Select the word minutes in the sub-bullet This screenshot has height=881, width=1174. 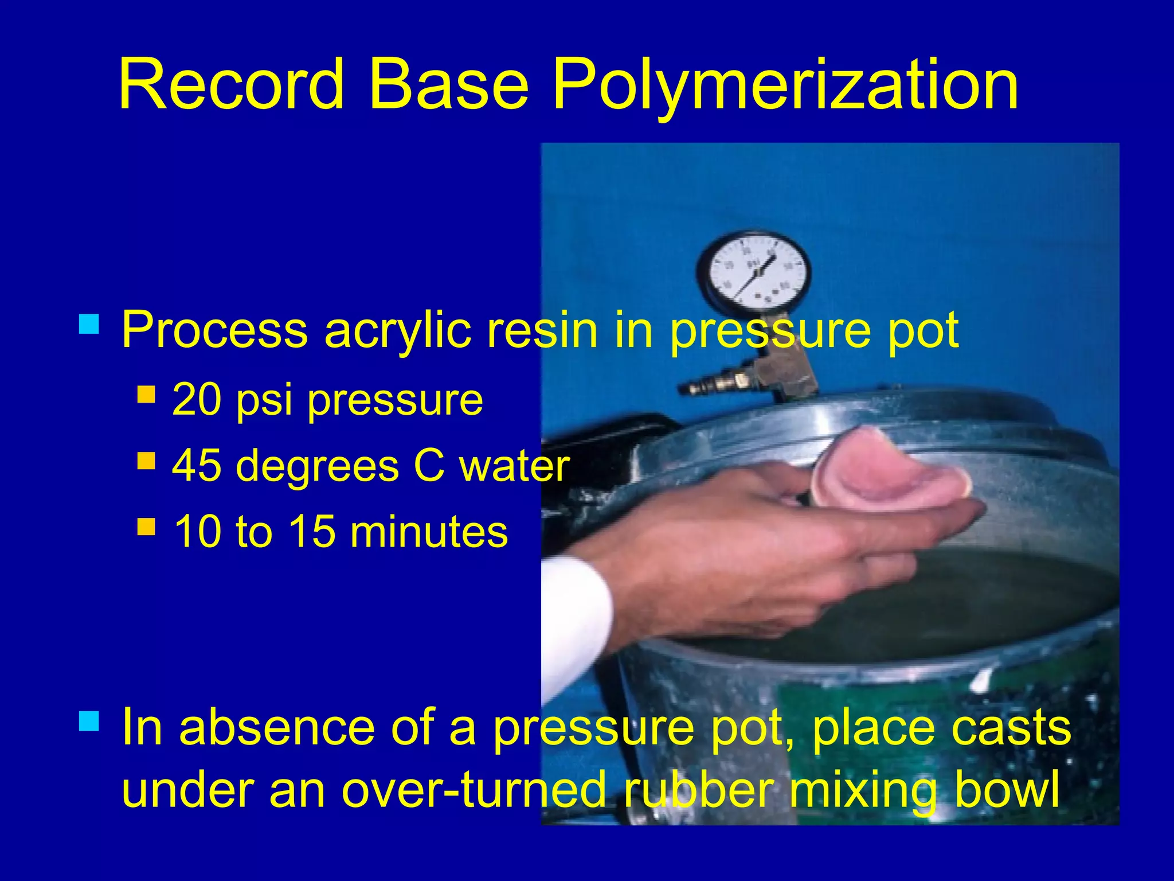[x=429, y=531]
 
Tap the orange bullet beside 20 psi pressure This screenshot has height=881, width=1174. [x=146, y=395]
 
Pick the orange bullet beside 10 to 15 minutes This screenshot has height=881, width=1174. [x=146, y=527]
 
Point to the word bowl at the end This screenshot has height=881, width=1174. [x=1005, y=789]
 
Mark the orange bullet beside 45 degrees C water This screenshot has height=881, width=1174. [x=146, y=461]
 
